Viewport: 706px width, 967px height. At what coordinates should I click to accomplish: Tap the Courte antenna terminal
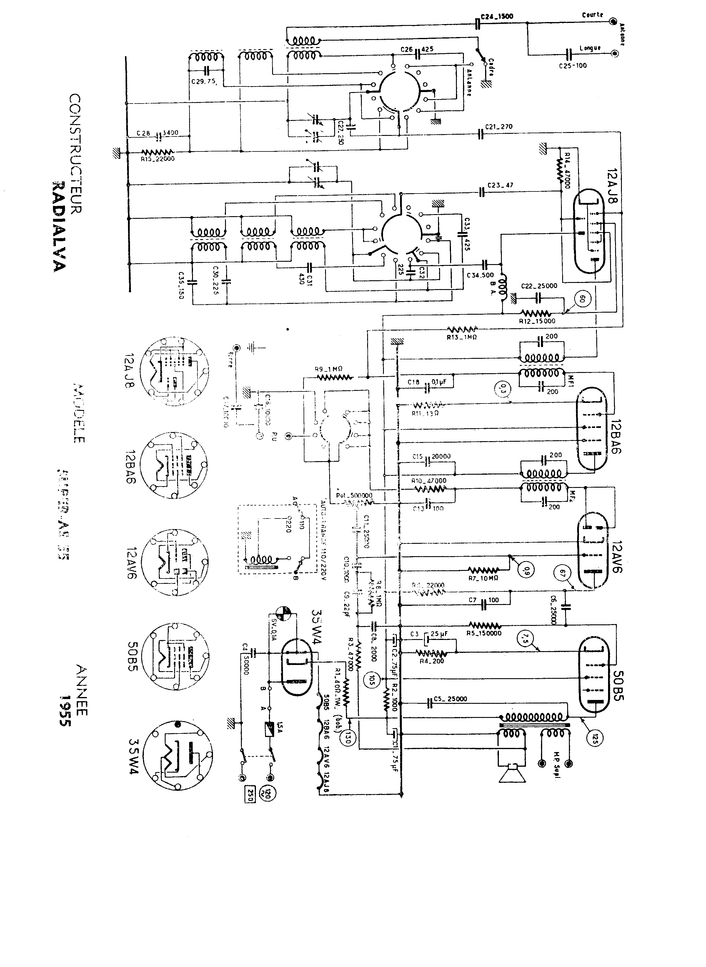tap(614, 21)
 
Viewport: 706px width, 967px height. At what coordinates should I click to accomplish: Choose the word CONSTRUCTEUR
tap(75, 154)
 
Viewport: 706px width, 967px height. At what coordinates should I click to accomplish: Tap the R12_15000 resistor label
tap(537, 321)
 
